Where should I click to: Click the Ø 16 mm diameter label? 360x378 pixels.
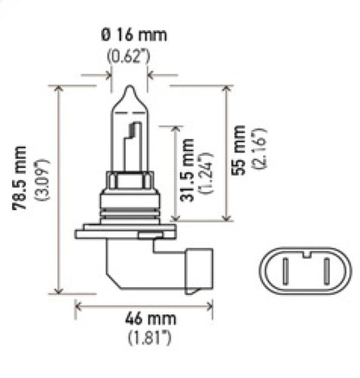[129, 35]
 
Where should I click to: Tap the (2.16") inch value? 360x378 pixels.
[259, 152]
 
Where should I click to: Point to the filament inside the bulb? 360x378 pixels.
[133, 143]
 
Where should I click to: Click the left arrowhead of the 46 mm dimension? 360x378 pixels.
[79, 304]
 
